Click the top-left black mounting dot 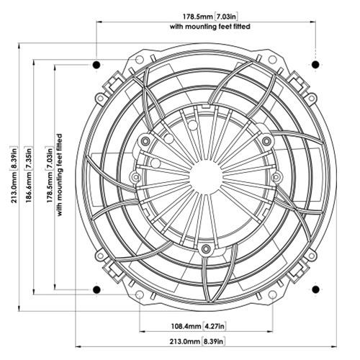96,66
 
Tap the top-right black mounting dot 315,66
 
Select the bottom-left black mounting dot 96,289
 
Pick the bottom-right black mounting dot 315,289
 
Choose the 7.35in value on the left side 28,155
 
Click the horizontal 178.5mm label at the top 192,15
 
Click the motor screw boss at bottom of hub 206,249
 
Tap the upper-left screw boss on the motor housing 145,140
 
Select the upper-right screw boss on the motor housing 266,140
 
